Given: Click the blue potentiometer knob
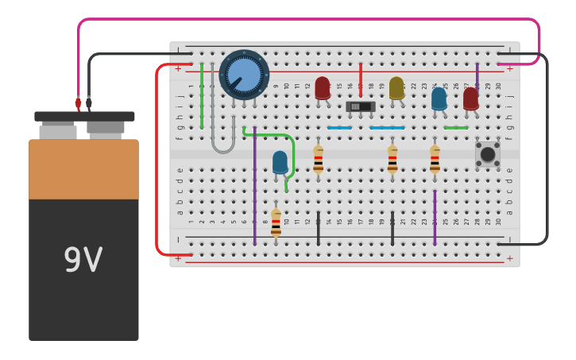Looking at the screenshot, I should coord(244,75).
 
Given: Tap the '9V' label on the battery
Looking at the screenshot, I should coord(83,260).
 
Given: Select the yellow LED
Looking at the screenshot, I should coord(396,87).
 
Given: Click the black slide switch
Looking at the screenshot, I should coord(361,106).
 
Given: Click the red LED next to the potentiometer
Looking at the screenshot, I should coord(323,87).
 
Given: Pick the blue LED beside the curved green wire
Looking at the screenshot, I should coord(280,162).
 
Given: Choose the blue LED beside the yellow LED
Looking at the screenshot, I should coord(439,99).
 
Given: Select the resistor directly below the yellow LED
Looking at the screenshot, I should coord(392,159).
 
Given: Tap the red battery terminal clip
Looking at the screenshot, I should coord(78,103).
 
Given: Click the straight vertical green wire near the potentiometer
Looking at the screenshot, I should coord(202,95).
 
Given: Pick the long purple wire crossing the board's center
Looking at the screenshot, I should coord(254,186).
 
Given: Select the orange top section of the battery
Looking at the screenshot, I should coord(83,168).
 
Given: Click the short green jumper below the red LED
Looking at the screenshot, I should coord(456,127).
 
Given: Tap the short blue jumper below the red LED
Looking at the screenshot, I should coord(339,127).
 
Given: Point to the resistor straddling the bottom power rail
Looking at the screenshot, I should coord(276,223).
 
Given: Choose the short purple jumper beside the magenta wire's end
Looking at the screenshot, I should coord(477,75).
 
